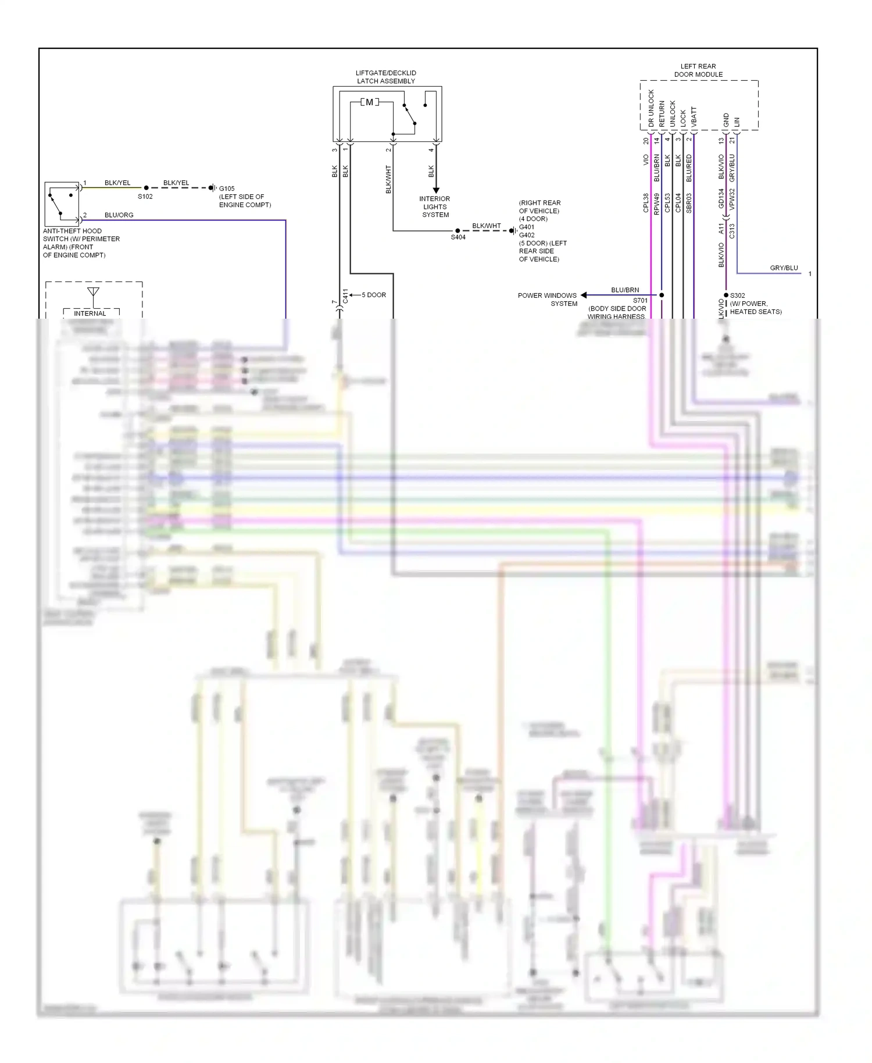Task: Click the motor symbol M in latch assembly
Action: [369, 102]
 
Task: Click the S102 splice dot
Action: [146, 188]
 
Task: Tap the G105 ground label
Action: [227, 189]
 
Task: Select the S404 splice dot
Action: [458, 231]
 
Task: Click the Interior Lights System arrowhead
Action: [436, 190]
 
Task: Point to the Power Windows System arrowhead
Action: [584, 295]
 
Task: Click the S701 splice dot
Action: [662, 295]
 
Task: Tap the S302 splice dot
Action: [726, 295]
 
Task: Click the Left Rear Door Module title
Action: [698, 70]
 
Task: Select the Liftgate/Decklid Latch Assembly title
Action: [386, 77]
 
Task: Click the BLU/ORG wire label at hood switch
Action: [119, 215]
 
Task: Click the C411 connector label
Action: [345, 295]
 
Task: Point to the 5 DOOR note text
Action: [374, 295]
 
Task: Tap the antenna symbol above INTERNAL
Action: [93, 291]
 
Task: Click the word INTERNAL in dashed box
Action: [90, 313]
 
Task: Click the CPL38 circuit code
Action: [646, 202]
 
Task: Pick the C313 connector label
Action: [732, 231]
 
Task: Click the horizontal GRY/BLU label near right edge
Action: [784, 268]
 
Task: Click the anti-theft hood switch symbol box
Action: [62, 204]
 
